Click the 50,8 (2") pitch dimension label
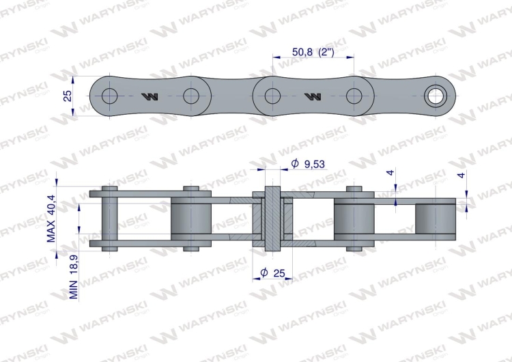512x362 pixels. pyautogui.click(x=313, y=52)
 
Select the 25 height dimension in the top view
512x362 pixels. pyautogui.click(x=67, y=96)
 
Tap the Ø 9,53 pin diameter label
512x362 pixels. pyautogui.click(x=309, y=164)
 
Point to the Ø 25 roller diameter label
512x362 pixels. pyautogui.click(x=272, y=273)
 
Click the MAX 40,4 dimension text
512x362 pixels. pyautogui.click(x=51, y=219)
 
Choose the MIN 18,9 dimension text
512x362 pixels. pyautogui.click(x=74, y=277)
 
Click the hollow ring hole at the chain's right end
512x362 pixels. pyautogui.click(x=436, y=96)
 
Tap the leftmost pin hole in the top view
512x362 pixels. pyautogui.click(x=109, y=96)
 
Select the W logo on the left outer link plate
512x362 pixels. pyautogui.click(x=150, y=96)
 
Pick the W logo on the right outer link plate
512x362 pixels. pyautogui.click(x=313, y=96)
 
